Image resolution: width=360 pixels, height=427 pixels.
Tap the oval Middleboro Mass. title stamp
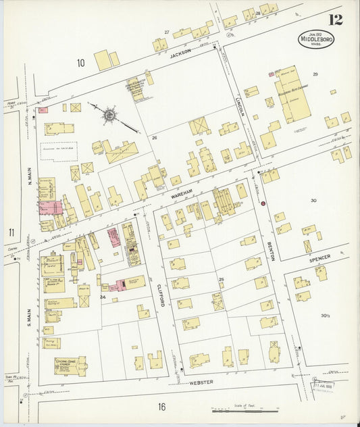[x=317, y=39]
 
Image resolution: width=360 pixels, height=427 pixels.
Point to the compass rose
[x=109, y=114]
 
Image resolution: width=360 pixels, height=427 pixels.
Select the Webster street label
[x=201, y=382]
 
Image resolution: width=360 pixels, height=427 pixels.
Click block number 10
[x=80, y=64]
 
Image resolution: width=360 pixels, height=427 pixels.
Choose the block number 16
[x=161, y=406]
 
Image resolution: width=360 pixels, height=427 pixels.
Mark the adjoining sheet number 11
[x=11, y=233]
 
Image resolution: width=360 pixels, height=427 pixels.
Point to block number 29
[x=315, y=74]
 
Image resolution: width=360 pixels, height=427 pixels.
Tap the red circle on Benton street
[x=263, y=202]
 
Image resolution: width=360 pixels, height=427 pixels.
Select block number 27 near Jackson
[x=166, y=32]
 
